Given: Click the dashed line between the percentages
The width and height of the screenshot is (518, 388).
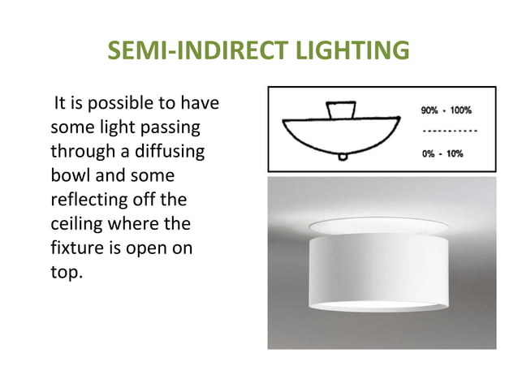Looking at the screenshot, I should pyautogui.click(x=450, y=130).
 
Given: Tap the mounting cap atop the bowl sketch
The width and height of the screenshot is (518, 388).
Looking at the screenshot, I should pyautogui.click(x=340, y=110).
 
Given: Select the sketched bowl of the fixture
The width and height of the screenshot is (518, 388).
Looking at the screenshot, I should pyautogui.click(x=341, y=134).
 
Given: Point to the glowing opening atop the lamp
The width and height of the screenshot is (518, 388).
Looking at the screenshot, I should pyautogui.click(x=380, y=224).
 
